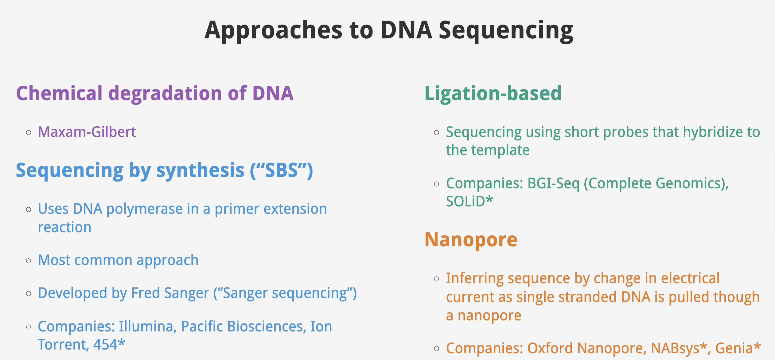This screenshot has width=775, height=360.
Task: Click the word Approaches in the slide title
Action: coord(273,31)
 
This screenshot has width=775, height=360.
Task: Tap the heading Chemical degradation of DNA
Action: coord(155,93)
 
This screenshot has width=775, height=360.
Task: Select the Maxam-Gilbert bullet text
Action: coord(87,132)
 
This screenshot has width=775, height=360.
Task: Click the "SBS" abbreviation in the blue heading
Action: coord(281,170)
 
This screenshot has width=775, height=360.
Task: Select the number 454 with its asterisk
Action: coord(109,344)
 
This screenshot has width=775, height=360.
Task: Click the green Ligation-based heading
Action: coord(493,93)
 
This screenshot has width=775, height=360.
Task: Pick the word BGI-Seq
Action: coord(553,184)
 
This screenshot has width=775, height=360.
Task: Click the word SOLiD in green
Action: coord(465,202)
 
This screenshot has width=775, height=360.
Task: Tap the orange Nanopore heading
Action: coord(471,240)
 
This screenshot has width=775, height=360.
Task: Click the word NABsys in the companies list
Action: coord(675,348)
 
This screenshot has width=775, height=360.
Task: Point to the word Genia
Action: coord(734,349)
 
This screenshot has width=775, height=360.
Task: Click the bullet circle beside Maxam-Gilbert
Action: coord(29,133)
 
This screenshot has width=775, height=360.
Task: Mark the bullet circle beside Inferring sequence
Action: coord(437,279)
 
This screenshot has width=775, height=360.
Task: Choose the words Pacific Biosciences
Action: coord(243,326)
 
